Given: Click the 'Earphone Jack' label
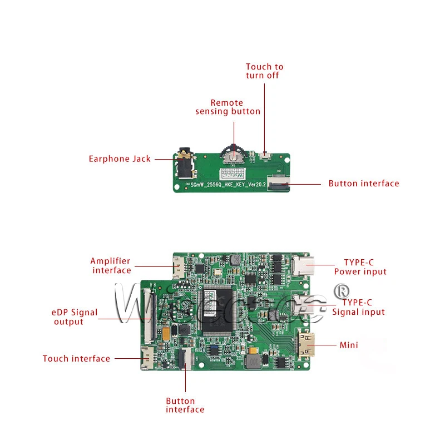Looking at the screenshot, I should (x=120, y=159).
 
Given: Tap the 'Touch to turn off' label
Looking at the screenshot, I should (x=264, y=71).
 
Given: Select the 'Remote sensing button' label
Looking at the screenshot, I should (x=228, y=107).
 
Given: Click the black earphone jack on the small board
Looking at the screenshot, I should (x=184, y=162).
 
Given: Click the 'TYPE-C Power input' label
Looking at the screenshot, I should (x=360, y=267).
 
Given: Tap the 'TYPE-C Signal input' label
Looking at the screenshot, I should (x=358, y=307).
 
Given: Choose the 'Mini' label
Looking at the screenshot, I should (x=349, y=345).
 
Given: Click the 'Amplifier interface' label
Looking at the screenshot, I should (x=111, y=266).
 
